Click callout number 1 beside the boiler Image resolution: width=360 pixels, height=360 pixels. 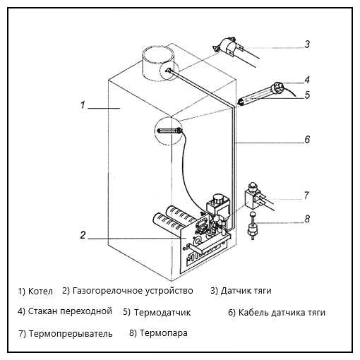click(83, 105)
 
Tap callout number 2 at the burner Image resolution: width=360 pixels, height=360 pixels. click(83, 235)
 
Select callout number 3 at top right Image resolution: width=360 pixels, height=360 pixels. click(307, 44)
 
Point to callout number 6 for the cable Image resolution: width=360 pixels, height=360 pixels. click(307, 139)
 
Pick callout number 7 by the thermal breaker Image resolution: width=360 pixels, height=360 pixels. click(306, 196)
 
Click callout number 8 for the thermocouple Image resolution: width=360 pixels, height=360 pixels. click(307, 219)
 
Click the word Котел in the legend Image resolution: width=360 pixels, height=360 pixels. click(40, 292)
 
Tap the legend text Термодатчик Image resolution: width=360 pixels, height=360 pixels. click(162, 313)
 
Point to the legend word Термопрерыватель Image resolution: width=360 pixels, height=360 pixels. click(71, 333)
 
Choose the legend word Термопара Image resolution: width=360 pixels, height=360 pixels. click(164, 333)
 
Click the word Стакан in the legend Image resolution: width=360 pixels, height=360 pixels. click(43, 311)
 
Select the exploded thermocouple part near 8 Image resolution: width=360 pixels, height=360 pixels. click(253, 226)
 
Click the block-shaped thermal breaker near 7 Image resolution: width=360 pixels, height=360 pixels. click(251, 196)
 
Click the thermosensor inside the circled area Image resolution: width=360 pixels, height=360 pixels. click(169, 131)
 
